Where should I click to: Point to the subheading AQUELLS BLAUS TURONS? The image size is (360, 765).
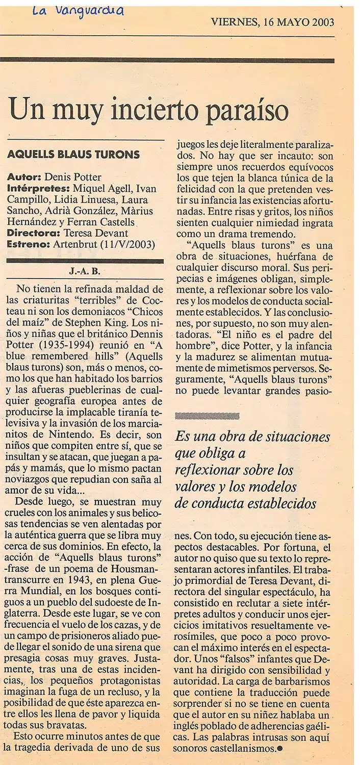tap(73, 154)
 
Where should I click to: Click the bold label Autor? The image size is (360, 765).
tap(23, 177)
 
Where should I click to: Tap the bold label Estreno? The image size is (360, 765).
tap(28, 245)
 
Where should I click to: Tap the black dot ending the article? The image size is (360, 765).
tap(279, 749)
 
